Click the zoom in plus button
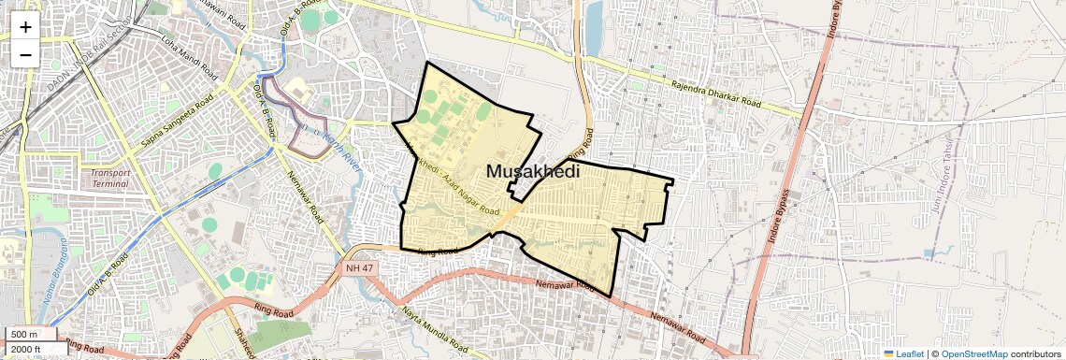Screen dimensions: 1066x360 coord(25,26)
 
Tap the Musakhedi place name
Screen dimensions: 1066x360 coord(532,172)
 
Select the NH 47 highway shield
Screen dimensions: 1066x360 coord(352,268)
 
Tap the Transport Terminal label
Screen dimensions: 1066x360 coord(110,179)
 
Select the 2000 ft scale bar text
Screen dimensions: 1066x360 coord(27,350)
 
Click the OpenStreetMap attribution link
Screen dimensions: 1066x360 coord(973,353)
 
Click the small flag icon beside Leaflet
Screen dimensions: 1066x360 coord(888,353)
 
